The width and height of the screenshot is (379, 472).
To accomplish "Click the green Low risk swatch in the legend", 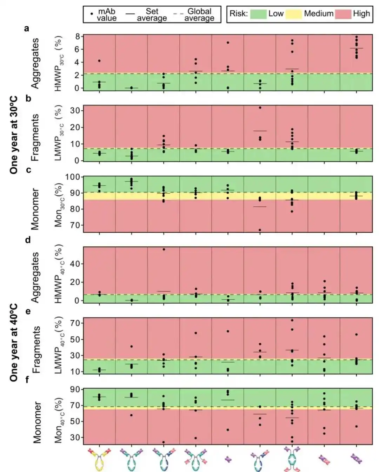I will pos(258,14).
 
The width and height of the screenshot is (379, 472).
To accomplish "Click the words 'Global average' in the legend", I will pos(199,15).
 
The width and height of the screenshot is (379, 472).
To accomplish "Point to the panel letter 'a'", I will pos(27,28).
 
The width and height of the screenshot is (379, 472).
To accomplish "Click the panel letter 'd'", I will pos(28,240).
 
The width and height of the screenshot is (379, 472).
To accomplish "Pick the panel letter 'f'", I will pos(27,380).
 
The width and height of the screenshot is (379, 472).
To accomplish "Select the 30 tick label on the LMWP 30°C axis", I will pos(75,110).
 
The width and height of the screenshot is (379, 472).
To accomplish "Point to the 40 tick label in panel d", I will pos(75,264).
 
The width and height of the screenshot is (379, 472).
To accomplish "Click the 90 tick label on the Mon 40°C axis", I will pos(75,389).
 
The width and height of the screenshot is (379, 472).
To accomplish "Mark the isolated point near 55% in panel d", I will pos(164,250).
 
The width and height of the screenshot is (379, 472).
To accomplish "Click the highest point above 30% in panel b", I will pos(260,108).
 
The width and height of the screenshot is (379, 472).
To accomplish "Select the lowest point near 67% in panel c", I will pos(260,230).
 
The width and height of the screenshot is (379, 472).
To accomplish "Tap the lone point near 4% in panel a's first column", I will pos(99,61).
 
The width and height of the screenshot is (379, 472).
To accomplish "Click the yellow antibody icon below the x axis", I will pos(99,459).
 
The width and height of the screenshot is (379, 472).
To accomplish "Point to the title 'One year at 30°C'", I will pos(14,135).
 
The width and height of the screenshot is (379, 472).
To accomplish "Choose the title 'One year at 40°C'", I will pos(14,343).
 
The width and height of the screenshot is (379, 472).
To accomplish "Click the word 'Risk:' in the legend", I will pos(239,14).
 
